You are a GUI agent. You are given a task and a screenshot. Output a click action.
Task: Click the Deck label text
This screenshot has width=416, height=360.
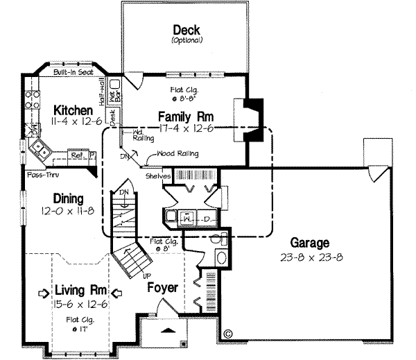tap(187, 30)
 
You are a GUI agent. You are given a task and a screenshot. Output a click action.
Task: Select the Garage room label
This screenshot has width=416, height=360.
tap(310, 243)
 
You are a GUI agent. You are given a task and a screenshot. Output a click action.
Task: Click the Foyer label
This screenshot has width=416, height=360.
tap(162, 287)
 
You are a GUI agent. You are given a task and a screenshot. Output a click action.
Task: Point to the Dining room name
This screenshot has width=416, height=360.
tap(67, 197)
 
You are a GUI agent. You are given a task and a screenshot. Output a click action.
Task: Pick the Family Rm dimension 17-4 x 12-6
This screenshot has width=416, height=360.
tap(185, 128)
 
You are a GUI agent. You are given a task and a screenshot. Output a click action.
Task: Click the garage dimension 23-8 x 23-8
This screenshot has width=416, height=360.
tap(310, 256)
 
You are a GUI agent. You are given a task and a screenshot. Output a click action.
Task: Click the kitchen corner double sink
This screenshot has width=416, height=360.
tap(41, 148)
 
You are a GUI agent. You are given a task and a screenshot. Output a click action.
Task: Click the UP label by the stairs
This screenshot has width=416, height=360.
tap(147, 275)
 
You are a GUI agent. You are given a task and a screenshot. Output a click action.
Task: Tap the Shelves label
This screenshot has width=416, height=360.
tap(158, 176)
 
